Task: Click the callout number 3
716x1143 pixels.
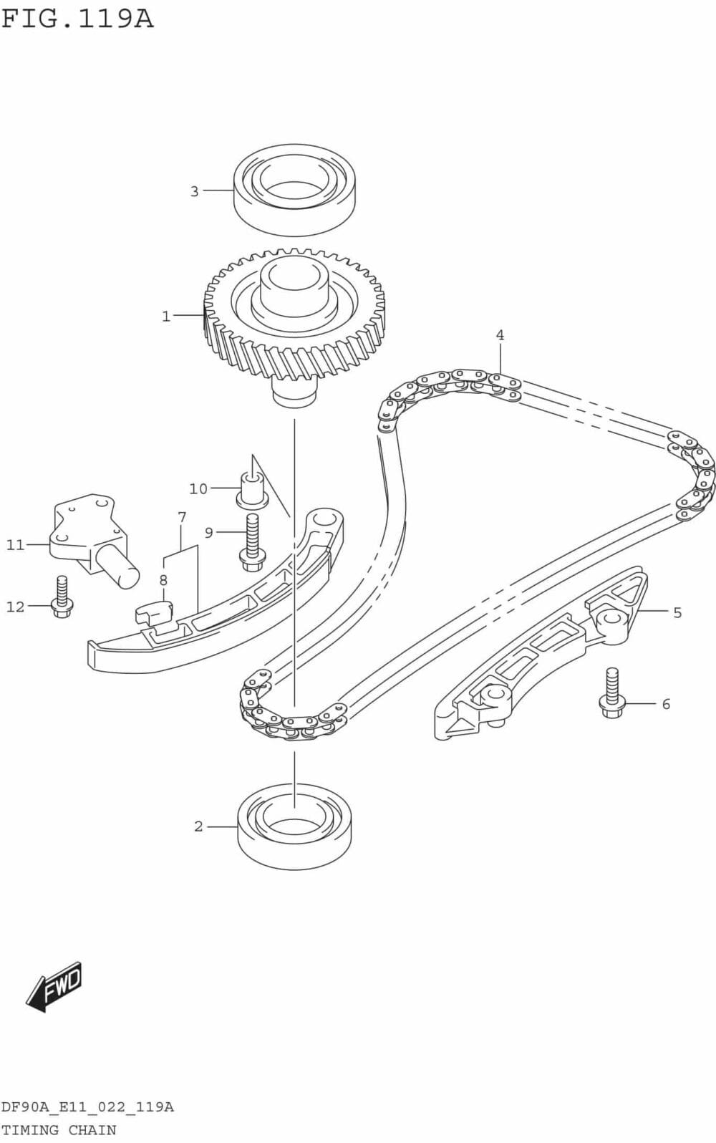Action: (x=194, y=191)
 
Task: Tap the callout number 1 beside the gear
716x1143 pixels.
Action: (x=166, y=316)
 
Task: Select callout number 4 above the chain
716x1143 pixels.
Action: (x=500, y=334)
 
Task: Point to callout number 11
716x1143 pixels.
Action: (x=16, y=545)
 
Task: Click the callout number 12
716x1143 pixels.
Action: (x=16, y=607)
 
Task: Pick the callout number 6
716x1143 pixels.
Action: (x=666, y=704)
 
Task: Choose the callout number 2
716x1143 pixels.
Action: (x=198, y=826)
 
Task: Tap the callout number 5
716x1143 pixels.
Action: (x=677, y=612)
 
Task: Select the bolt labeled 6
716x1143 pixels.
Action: (x=611, y=693)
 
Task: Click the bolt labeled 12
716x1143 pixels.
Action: (x=62, y=597)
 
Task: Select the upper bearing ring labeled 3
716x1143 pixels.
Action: (x=294, y=189)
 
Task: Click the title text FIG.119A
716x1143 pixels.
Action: (x=77, y=18)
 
